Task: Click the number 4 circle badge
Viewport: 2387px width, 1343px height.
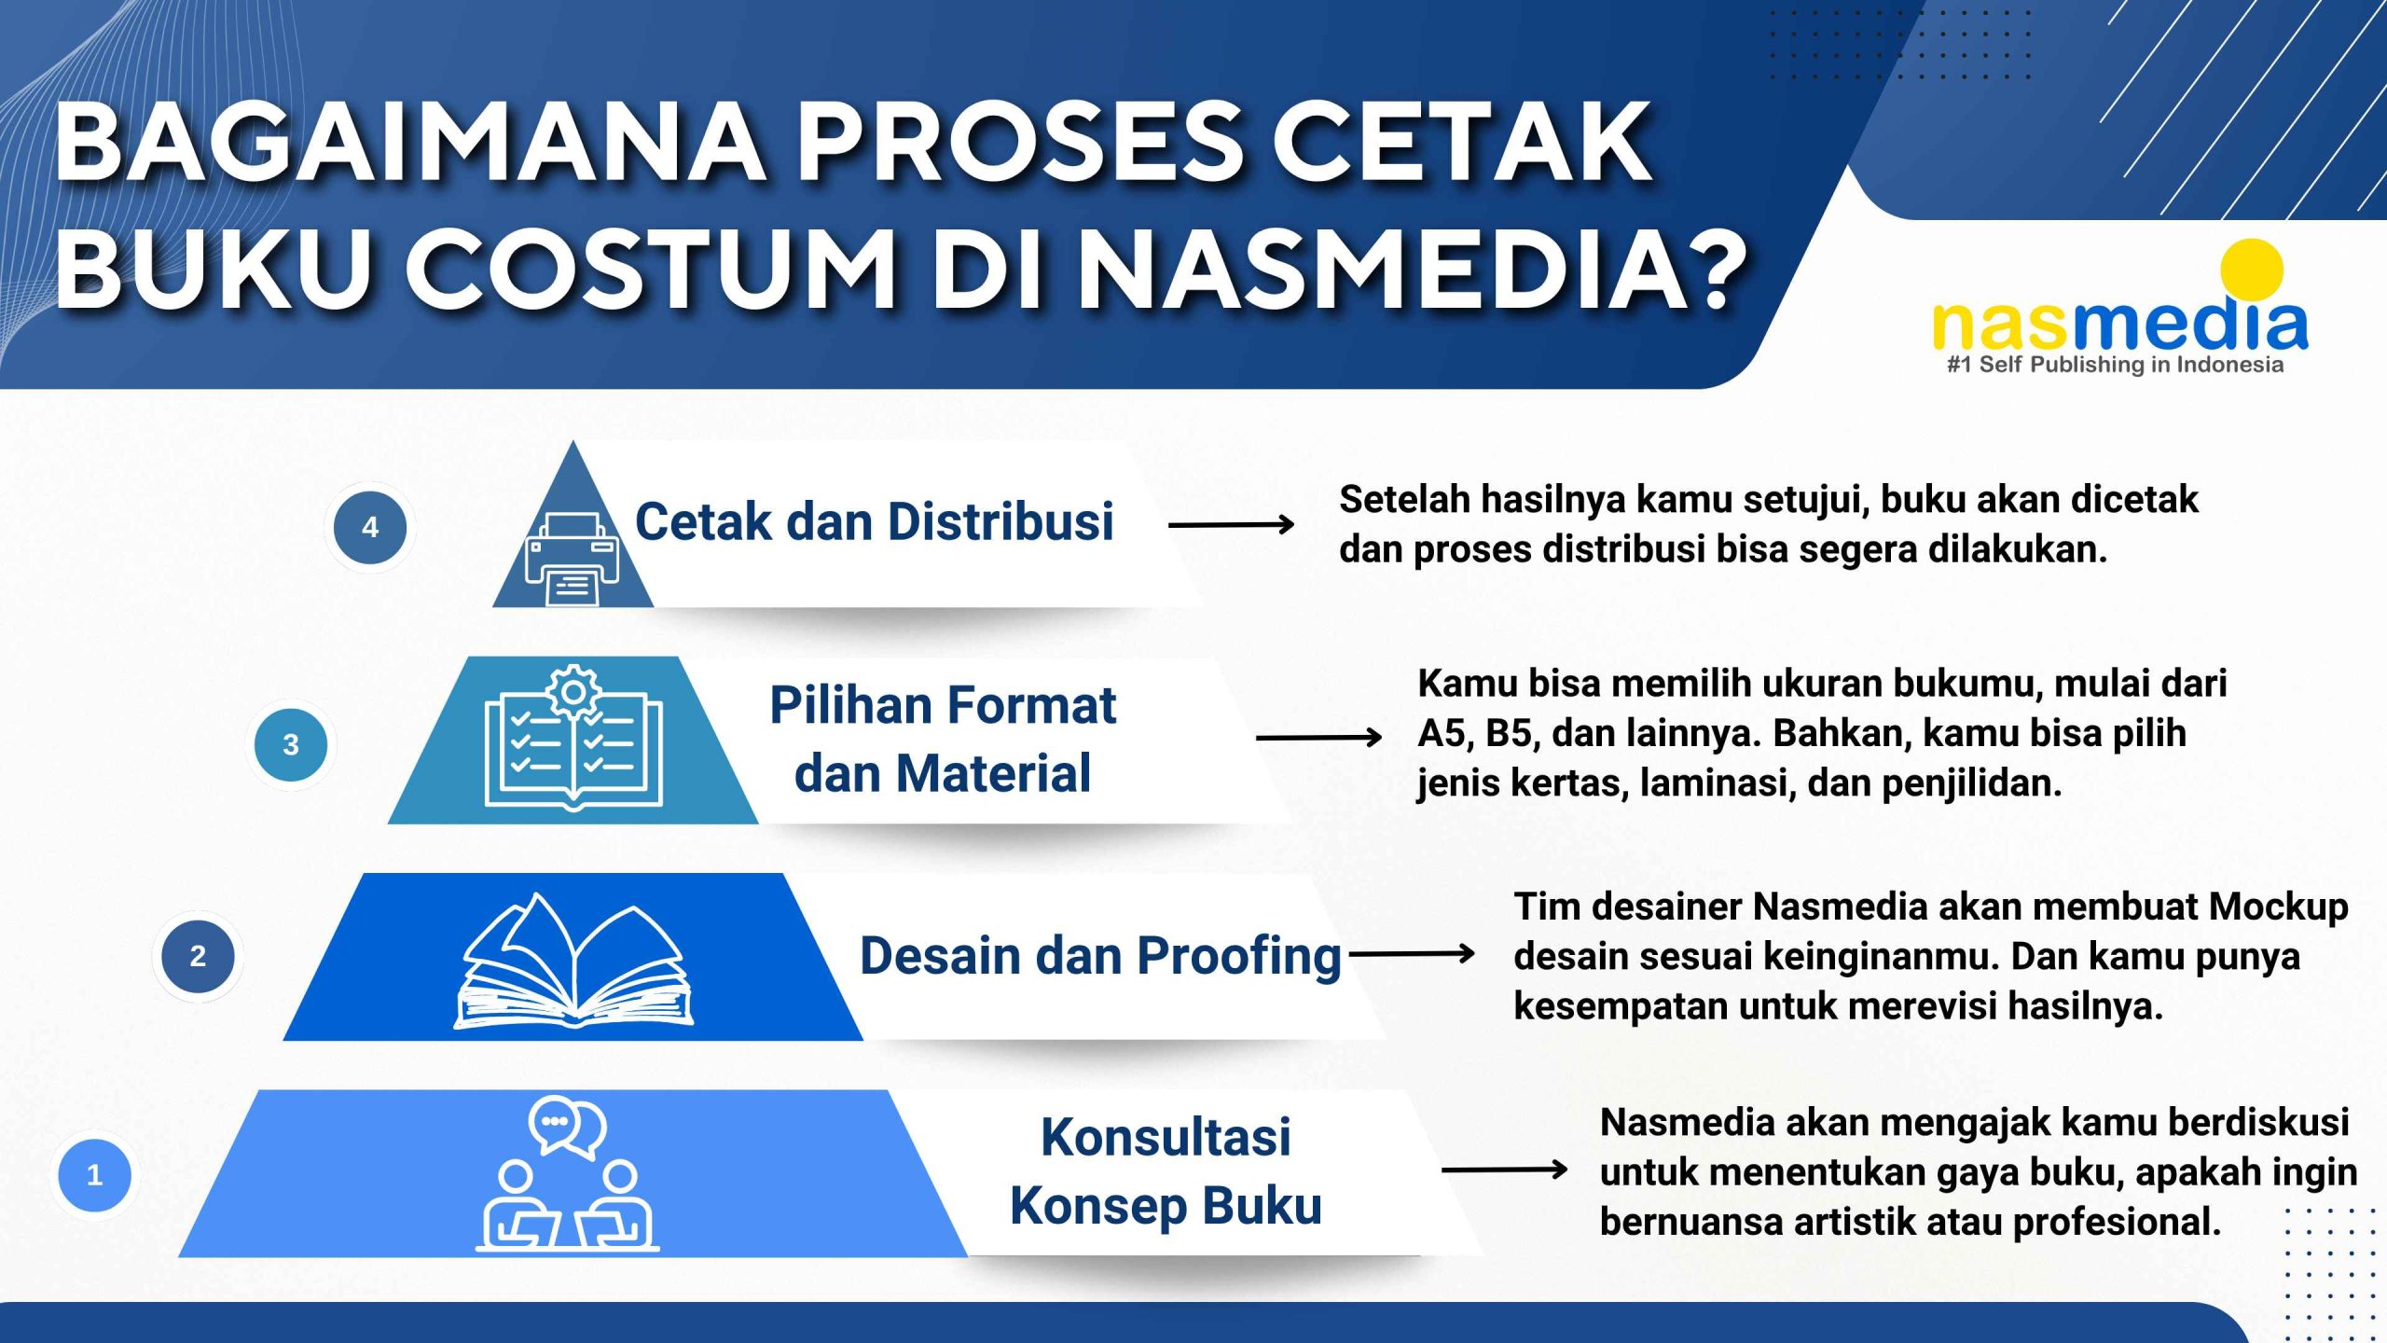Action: click(370, 527)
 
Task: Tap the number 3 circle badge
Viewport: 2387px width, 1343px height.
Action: click(291, 744)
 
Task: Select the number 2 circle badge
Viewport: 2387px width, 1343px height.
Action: click(198, 956)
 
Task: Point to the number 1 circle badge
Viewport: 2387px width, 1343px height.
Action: click(94, 1174)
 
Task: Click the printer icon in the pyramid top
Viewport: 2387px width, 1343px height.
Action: click(572, 560)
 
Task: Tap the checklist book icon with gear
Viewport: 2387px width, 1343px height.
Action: click(573, 737)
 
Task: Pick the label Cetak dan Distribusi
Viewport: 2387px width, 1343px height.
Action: click(875, 521)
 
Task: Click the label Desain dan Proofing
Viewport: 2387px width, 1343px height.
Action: click(1100, 957)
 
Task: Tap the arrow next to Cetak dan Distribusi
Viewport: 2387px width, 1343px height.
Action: click(1232, 525)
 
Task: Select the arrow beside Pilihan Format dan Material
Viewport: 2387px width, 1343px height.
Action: click(1319, 738)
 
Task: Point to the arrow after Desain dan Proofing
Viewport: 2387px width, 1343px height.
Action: click(1413, 954)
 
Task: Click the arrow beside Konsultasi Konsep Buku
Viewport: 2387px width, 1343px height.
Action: click(1505, 1170)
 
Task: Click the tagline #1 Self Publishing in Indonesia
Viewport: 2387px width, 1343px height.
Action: click(2115, 364)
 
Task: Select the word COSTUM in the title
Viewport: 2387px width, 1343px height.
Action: click(651, 268)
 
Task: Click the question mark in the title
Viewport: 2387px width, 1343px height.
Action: click(1705, 268)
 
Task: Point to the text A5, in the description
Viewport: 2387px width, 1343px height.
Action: click(1443, 734)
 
